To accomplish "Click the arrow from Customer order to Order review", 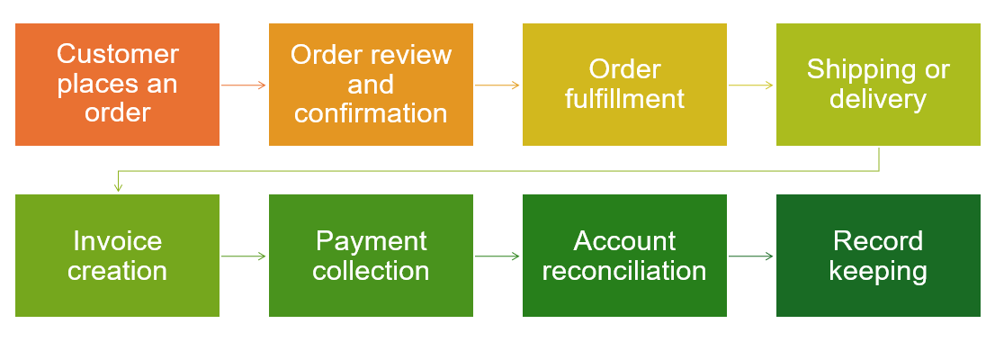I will point(244,85).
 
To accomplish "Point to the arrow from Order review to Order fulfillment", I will point(497,85).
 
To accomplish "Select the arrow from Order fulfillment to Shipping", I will point(751,85).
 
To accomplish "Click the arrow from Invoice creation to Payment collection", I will point(244,256).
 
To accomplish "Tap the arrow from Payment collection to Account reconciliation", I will point(497,256).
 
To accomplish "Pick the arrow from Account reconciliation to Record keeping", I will point(751,256).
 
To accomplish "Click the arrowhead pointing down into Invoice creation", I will point(117,188).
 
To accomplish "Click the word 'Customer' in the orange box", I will point(117,54).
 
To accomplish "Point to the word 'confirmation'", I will point(371,113).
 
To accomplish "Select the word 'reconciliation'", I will point(624,271).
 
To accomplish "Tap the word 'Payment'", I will point(371,241).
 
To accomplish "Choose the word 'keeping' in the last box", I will point(878,271).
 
